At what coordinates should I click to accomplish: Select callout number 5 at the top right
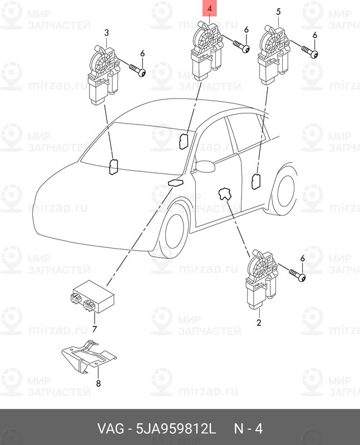(x=278, y=11)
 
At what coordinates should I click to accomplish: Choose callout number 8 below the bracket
(x=98, y=383)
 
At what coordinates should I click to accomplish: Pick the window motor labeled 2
(x=259, y=281)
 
